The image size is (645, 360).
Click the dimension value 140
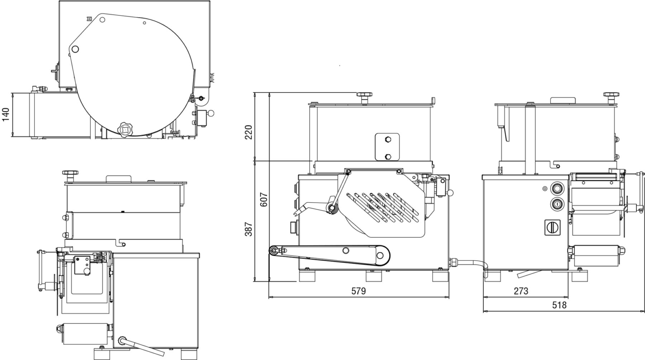[6, 114]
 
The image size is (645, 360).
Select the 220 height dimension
[249, 132]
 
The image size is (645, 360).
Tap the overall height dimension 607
[264, 199]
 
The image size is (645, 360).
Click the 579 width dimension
[358, 291]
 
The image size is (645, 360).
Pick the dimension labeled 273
[521, 291]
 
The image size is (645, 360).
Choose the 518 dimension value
[559, 305]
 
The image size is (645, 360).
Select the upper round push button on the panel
[558, 188]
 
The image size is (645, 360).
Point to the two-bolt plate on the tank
[387, 147]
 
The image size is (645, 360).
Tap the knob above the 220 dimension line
[364, 95]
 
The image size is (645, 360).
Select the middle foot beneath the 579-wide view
[374, 276]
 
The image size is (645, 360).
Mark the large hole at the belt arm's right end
[380, 255]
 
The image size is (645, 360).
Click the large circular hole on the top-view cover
[75, 49]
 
